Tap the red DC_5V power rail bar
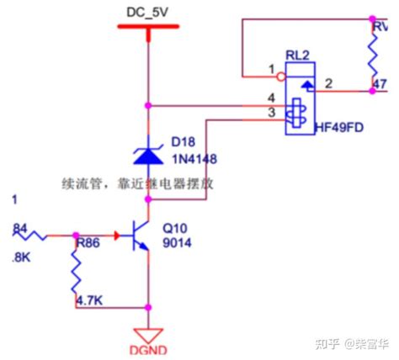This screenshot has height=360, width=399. (148, 27)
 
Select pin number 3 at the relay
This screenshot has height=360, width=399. (271, 113)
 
